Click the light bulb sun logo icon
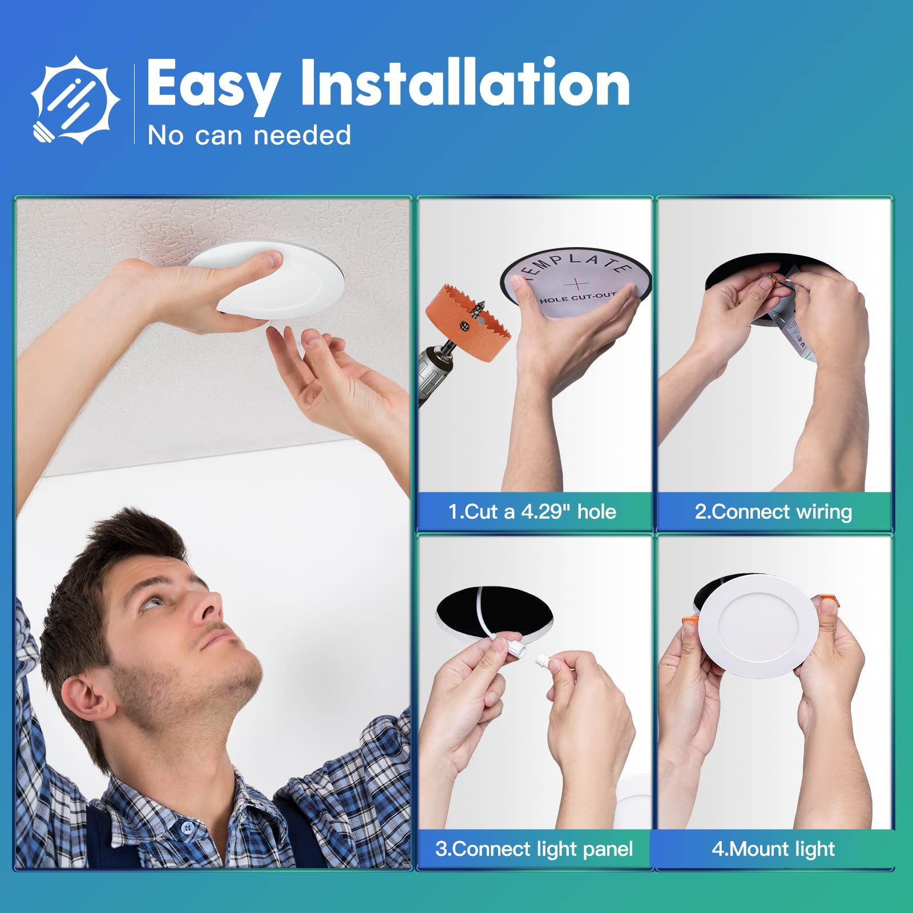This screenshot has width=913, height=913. tap(75, 100)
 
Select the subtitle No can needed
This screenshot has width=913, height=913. tap(249, 136)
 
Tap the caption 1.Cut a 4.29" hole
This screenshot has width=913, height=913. tap(532, 511)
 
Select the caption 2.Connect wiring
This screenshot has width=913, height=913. tap(773, 511)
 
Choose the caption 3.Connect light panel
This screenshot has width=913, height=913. tap(534, 849)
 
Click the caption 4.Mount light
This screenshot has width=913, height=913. tap(773, 849)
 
